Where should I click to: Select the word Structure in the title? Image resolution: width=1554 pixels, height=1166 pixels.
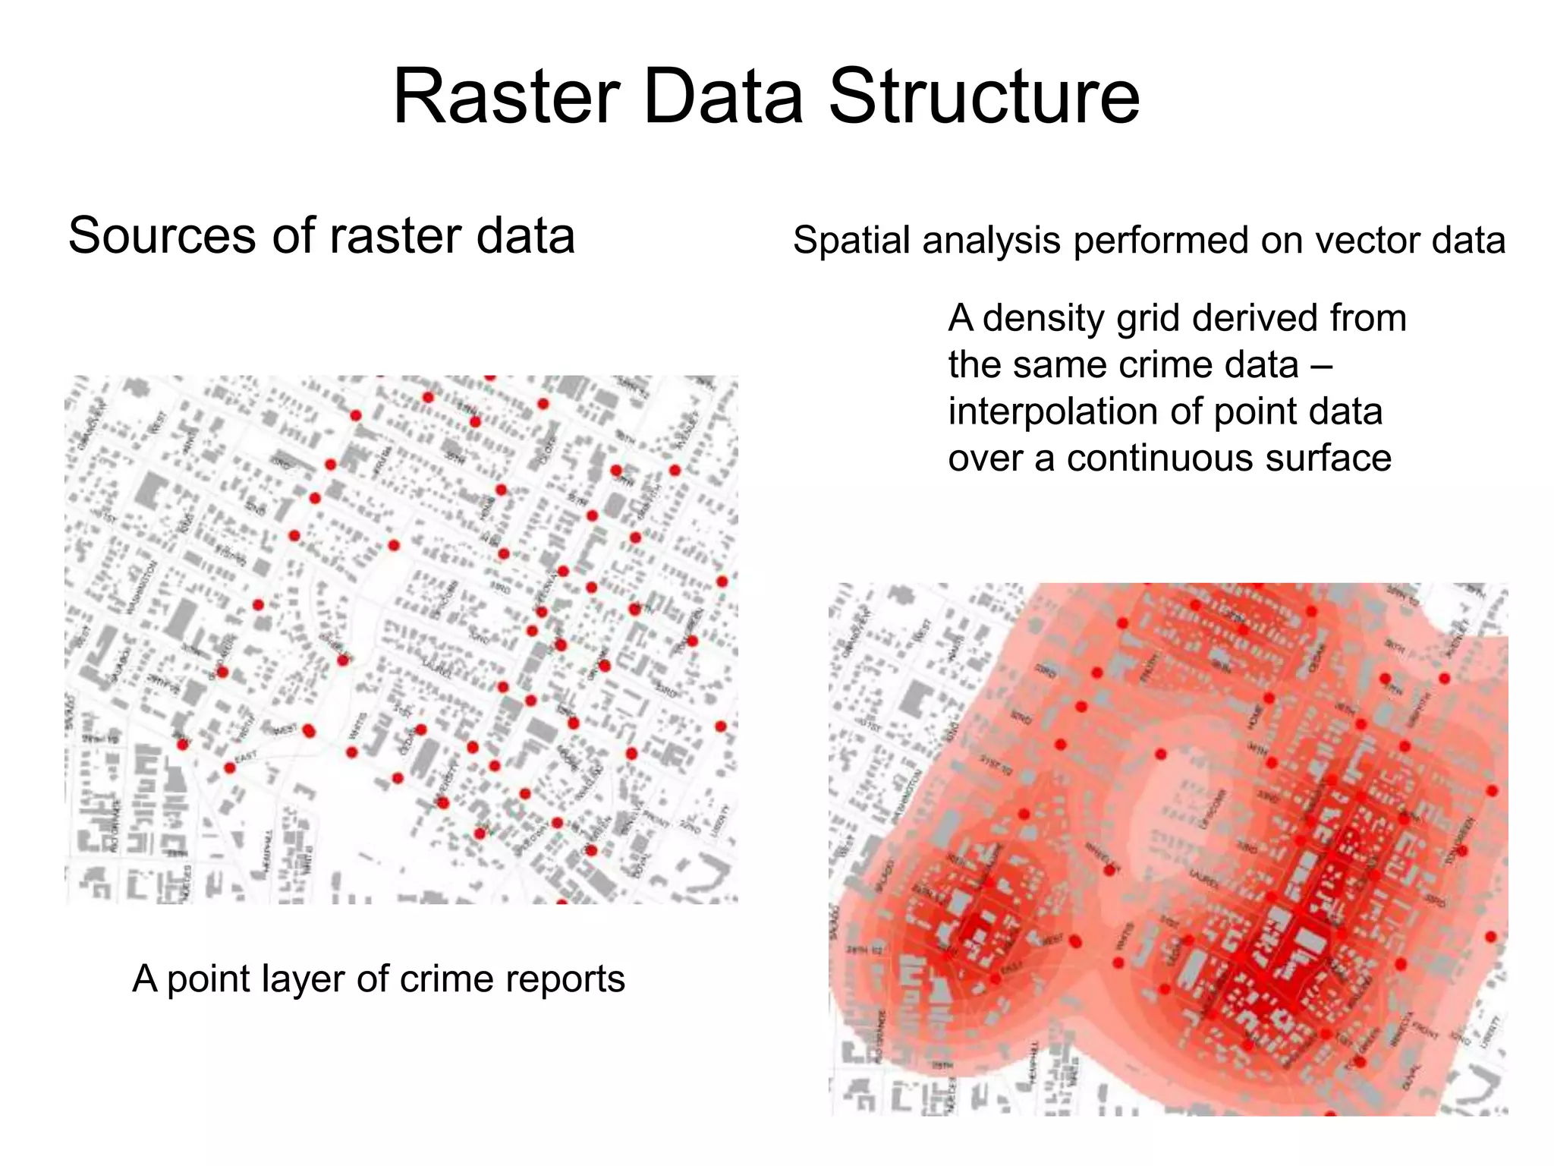pyautogui.click(x=984, y=97)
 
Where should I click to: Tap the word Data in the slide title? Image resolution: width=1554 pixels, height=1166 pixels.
pyautogui.click(x=724, y=97)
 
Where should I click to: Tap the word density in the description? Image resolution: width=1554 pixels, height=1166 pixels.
pyautogui.click(x=1043, y=319)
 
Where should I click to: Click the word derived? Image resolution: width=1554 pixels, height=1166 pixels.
pyautogui.click(x=1245, y=318)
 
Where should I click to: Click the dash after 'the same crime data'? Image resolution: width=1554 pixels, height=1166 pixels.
pyautogui.click(x=1321, y=366)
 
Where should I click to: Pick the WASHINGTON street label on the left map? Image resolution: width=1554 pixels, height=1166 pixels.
pyautogui.click(x=142, y=587)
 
